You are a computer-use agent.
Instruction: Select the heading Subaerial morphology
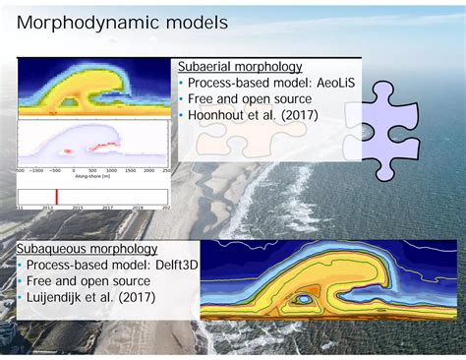[x=234, y=66]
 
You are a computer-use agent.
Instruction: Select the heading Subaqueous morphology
[x=87, y=250]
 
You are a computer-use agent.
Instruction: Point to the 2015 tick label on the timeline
[x=78, y=208]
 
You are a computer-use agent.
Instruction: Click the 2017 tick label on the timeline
[x=108, y=208]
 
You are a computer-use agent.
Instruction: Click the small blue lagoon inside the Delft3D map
[x=307, y=297]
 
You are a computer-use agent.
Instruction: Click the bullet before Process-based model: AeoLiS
[x=181, y=83]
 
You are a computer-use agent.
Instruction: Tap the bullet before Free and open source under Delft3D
[x=20, y=282]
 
